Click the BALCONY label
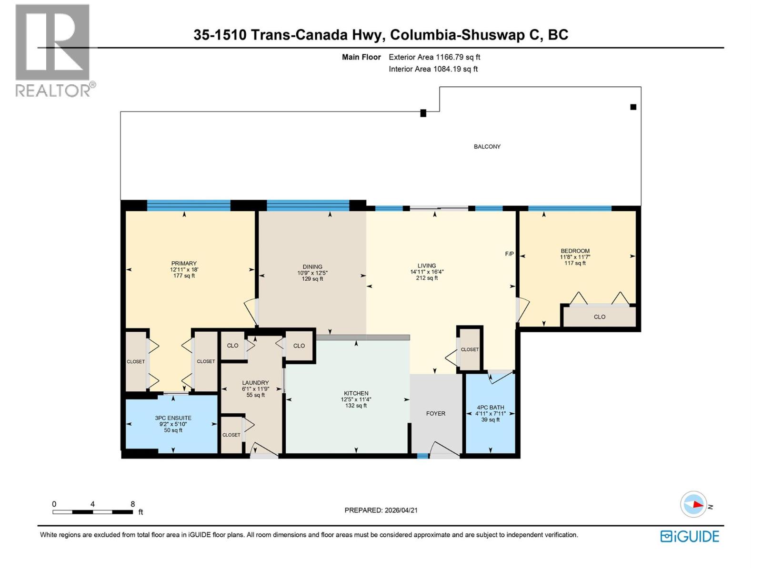487,146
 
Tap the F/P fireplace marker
509,254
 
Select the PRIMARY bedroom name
184,263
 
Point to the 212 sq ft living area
427,278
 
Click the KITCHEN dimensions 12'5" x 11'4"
356,399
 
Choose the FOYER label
435,413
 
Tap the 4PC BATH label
490,408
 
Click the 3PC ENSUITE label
173,418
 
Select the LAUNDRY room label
255,383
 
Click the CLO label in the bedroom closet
599,317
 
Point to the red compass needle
697,505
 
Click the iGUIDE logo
690,536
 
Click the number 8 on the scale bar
132,504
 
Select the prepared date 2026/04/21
401,510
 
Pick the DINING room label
312,267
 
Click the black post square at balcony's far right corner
633,107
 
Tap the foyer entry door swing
445,449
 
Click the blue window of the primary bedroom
189,205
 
